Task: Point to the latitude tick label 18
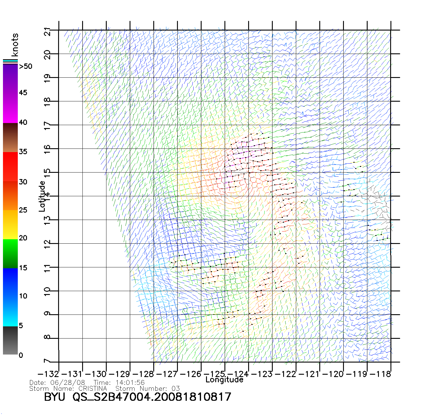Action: pos(47,101)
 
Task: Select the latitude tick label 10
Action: pos(47,291)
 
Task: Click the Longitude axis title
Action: pos(224,380)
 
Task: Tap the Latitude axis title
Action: pos(42,196)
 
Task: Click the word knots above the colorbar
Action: pos(15,45)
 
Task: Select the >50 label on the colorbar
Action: pos(25,66)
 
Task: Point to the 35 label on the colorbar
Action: pos(23,152)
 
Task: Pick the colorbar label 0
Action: pos(21,355)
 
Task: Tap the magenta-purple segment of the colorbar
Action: pos(10,93)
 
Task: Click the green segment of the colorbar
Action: pos(10,253)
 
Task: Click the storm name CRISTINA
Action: pos(93,388)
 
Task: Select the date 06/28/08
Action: pos(68,383)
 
